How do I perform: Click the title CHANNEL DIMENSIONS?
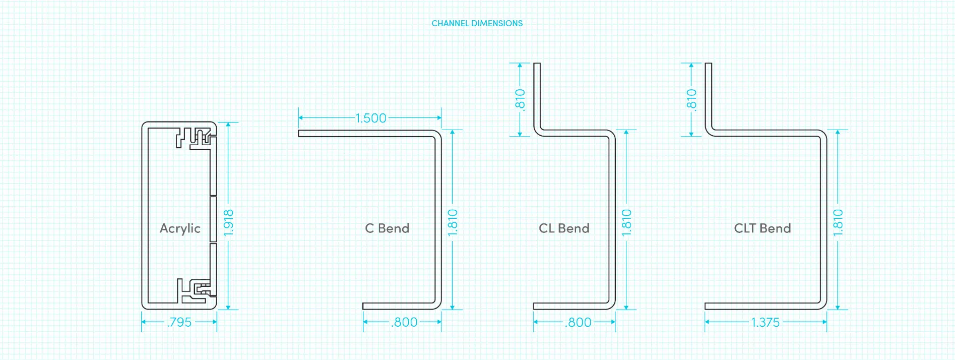click(477, 23)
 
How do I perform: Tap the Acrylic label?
click(180, 228)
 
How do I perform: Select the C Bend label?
click(387, 228)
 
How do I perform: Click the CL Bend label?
click(564, 228)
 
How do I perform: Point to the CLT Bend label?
click(762, 228)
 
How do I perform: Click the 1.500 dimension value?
click(370, 118)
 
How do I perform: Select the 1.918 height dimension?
click(228, 222)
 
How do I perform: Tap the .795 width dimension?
click(179, 322)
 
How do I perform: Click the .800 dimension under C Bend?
click(404, 322)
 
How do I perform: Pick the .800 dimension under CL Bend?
click(578, 322)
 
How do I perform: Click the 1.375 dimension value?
click(765, 322)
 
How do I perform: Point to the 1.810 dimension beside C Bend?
click(453, 222)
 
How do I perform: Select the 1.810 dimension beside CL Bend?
click(626, 222)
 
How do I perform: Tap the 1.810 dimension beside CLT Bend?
click(838, 222)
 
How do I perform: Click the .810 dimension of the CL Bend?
click(520, 99)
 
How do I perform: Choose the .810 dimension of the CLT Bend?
click(691, 99)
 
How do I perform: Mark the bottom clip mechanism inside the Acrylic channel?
click(195, 291)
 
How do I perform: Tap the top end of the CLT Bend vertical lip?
click(708, 65)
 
